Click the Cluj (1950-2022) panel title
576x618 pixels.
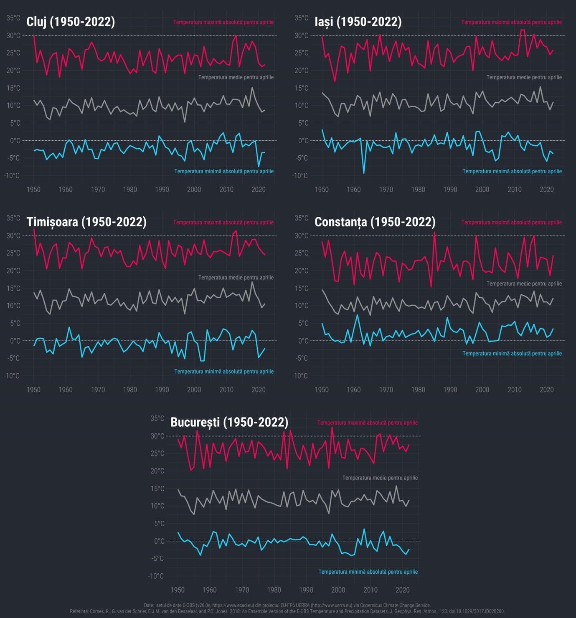click(71, 22)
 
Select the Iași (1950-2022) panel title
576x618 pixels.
click(358, 22)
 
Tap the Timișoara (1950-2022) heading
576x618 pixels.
click(86, 222)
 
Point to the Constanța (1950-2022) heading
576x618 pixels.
click(375, 222)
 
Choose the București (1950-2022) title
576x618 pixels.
click(229, 422)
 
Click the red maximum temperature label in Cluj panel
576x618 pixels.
click(223, 22)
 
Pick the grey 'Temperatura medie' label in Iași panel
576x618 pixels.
click(524, 77)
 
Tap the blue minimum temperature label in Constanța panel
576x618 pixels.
click(512, 354)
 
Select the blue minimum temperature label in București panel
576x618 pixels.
click(368, 572)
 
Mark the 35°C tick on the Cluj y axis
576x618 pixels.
click(13, 18)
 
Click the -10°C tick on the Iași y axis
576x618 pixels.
click(299, 176)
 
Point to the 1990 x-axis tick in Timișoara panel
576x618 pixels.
click(162, 390)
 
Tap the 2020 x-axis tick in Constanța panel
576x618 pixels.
click(546, 390)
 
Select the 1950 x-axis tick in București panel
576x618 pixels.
click(178, 590)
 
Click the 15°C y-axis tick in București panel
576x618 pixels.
click(157, 489)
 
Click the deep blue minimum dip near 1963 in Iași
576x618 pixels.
click(364, 172)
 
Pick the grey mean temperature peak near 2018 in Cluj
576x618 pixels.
click(252, 88)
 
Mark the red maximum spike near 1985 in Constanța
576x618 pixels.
click(434, 233)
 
